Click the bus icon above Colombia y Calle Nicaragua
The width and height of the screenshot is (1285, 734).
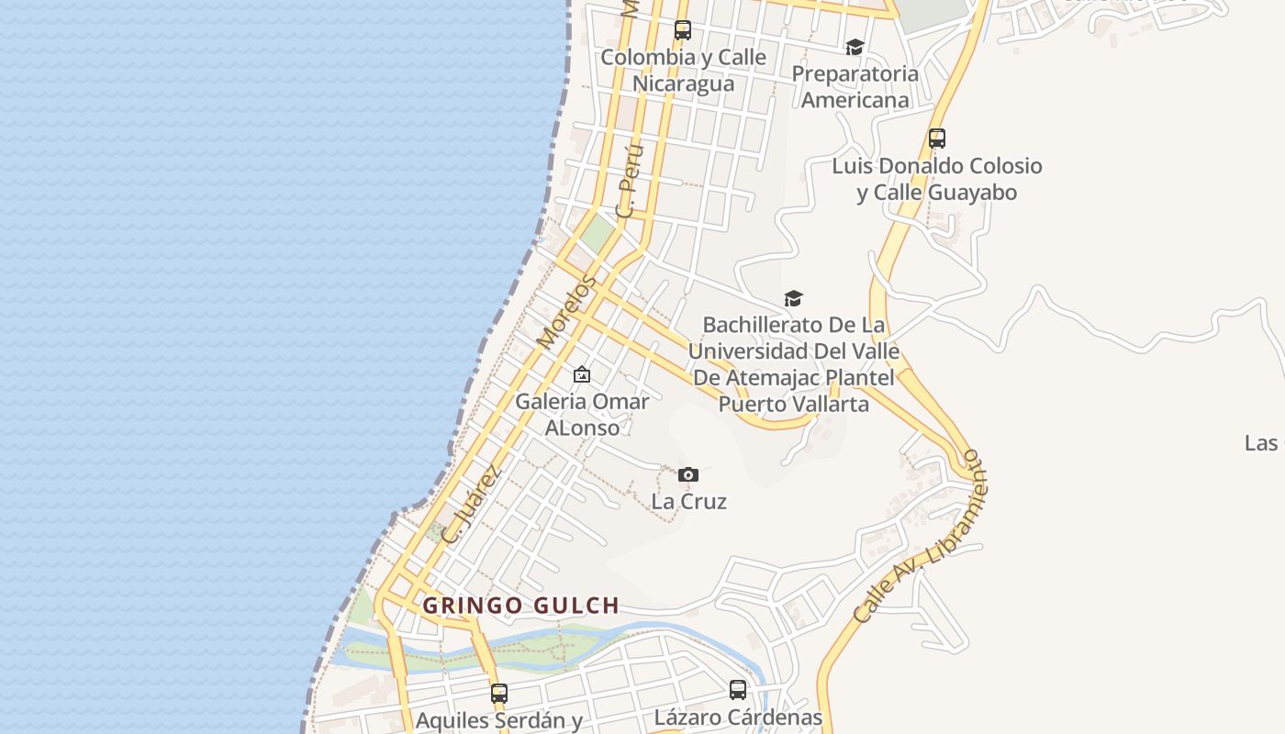(682, 30)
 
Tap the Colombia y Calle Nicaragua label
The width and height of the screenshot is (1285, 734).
(683, 71)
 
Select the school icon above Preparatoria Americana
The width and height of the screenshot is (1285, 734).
(855, 47)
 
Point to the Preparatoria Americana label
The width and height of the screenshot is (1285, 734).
(855, 86)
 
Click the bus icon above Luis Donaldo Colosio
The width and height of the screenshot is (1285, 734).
(936, 139)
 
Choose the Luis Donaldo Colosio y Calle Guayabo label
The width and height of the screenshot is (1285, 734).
(936, 179)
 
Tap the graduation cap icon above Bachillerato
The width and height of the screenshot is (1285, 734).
(793, 298)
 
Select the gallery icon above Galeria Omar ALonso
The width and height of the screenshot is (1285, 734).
(581, 374)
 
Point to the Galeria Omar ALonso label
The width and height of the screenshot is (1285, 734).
(582, 415)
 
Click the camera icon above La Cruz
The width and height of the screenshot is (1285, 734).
(687, 474)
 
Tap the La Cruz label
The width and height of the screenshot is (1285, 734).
(688, 502)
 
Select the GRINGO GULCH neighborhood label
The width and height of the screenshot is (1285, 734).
(520, 606)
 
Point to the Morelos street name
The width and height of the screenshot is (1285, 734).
(566, 312)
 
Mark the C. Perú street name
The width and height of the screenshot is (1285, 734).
(630, 180)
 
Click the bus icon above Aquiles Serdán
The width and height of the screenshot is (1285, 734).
(498, 694)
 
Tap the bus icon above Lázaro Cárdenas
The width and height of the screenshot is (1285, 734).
(738, 690)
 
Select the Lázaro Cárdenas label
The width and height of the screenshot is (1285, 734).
(738, 717)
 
